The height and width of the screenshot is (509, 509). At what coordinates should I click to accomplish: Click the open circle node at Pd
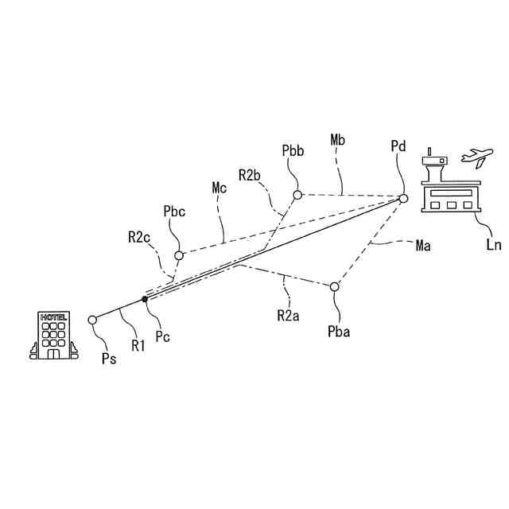[403, 198]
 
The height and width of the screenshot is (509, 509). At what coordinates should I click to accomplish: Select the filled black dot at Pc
[144, 299]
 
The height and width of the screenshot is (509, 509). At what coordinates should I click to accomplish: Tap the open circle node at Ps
[92, 320]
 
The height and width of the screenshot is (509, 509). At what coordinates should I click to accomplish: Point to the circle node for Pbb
[297, 195]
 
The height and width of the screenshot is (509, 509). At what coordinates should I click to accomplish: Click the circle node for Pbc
[179, 255]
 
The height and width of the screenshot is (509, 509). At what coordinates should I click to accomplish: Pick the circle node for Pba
[335, 286]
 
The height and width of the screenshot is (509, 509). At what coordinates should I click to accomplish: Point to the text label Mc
[220, 188]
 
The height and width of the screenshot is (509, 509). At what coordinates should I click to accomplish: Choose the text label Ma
[423, 246]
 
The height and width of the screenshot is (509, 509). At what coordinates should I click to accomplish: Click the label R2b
[250, 175]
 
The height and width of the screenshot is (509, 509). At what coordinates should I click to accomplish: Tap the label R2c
[139, 236]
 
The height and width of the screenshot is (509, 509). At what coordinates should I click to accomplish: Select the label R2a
[288, 315]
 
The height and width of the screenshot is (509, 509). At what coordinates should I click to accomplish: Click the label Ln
[494, 245]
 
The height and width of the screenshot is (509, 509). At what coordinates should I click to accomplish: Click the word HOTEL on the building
[53, 317]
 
